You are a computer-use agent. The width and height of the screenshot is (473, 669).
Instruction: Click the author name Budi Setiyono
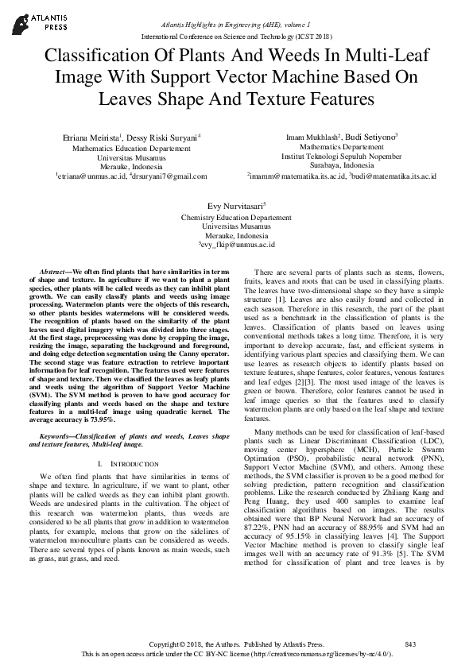tap(372, 137)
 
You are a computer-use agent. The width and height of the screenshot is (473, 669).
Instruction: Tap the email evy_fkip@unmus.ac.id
tap(237, 246)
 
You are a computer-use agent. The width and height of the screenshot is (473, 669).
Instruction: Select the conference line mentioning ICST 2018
tap(236, 37)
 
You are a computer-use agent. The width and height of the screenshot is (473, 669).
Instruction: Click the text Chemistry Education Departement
tap(236, 217)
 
